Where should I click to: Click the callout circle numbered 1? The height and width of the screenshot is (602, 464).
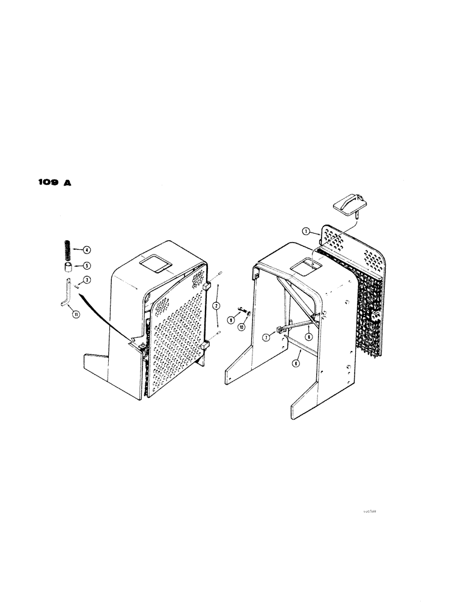tap(305, 231)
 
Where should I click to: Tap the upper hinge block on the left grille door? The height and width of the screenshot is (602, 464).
tap(206, 288)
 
